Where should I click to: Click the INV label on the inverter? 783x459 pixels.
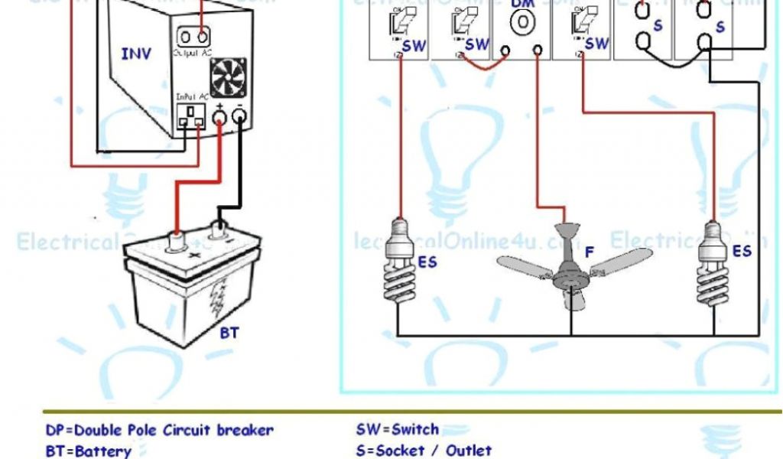tap(136, 54)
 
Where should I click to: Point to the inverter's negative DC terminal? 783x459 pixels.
tap(239, 117)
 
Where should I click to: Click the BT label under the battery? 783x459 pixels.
tap(229, 334)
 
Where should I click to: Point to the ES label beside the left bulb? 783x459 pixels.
tap(427, 262)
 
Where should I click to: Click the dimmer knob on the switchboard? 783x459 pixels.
tap(522, 23)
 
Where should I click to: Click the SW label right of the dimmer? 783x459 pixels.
tap(596, 44)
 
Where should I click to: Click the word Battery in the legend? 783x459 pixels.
tap(101, 451)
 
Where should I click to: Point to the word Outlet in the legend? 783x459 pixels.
tap(468, 451)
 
